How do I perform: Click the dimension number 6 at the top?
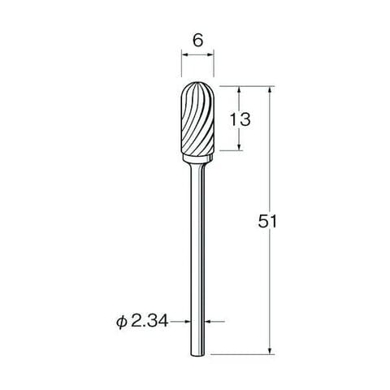(x=197, y=41)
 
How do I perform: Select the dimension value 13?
(x=240, y=119)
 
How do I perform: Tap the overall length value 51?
(x=267, y=221)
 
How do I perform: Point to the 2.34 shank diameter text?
(x=149, y=322)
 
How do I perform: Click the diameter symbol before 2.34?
(x=122, y=323)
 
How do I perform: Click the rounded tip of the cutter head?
(x=197, y=83)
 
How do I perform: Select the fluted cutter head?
(x=197, y=119)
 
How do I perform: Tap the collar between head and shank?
(x=197, y=159)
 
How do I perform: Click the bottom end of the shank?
(x=197, y=354)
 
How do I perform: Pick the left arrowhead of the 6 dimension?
(x=184, y=54)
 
